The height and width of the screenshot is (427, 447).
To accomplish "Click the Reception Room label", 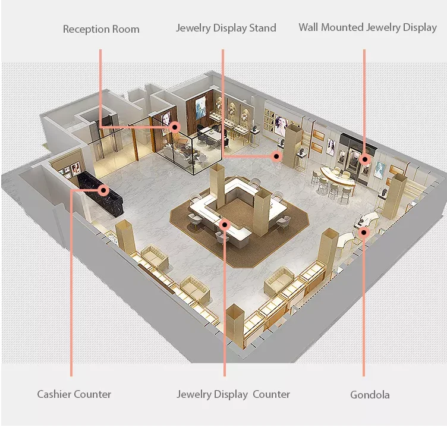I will pos(101,29).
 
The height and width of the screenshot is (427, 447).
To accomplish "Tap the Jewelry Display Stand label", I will pos(226,28).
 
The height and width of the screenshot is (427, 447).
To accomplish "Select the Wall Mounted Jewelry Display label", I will pos(367,27).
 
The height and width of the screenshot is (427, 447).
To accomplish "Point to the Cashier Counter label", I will pos(74,394).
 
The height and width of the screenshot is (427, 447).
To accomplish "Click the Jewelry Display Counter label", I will pos(233,394).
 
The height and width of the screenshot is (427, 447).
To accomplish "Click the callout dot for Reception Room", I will pos(175,127).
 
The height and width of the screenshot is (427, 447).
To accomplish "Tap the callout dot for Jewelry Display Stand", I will pos(276,156).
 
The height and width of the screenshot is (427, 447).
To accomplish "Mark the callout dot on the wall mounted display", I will pos(366,159).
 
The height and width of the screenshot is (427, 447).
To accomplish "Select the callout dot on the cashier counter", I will pos(103,190).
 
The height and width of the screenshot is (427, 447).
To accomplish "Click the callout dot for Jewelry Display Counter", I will pos(225,224).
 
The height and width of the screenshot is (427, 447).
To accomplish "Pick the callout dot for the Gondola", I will pos(364,231).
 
